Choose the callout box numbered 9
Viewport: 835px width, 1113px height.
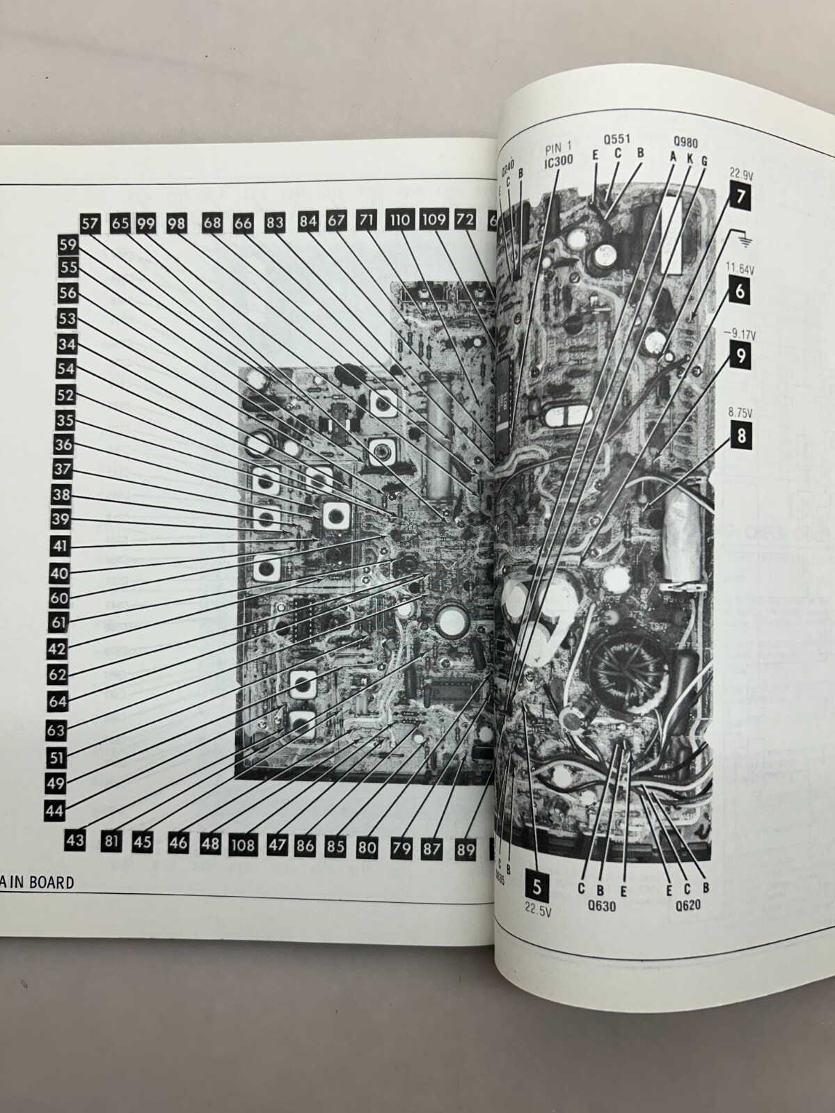pos(740,357)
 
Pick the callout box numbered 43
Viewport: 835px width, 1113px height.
pos(76,840)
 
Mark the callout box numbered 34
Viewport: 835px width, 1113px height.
pos(67,344)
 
